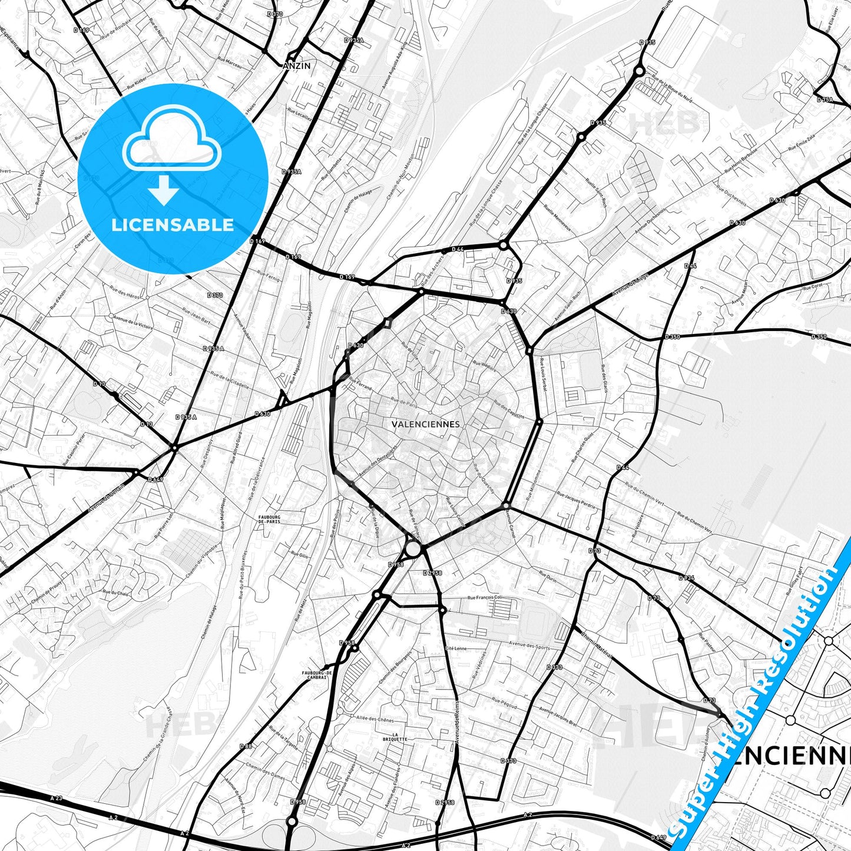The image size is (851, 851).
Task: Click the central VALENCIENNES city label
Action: [425, 423]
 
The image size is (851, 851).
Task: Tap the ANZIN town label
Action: [296, 66]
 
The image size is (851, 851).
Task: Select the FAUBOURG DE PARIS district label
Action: [269, 519]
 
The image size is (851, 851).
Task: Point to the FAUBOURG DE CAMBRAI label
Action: [317, 675]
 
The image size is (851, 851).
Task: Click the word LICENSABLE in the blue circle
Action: [173, 225]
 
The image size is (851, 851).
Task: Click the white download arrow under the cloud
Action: [164, 191]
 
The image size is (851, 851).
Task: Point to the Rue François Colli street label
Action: [485, 597]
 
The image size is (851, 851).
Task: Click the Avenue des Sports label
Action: [529, 646]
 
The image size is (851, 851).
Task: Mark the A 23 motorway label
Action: [56, 798]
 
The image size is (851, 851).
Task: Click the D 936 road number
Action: [686, 578]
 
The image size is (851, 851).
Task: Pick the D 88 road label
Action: [246, 746]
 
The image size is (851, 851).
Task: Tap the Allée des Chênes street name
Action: [375, 719]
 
